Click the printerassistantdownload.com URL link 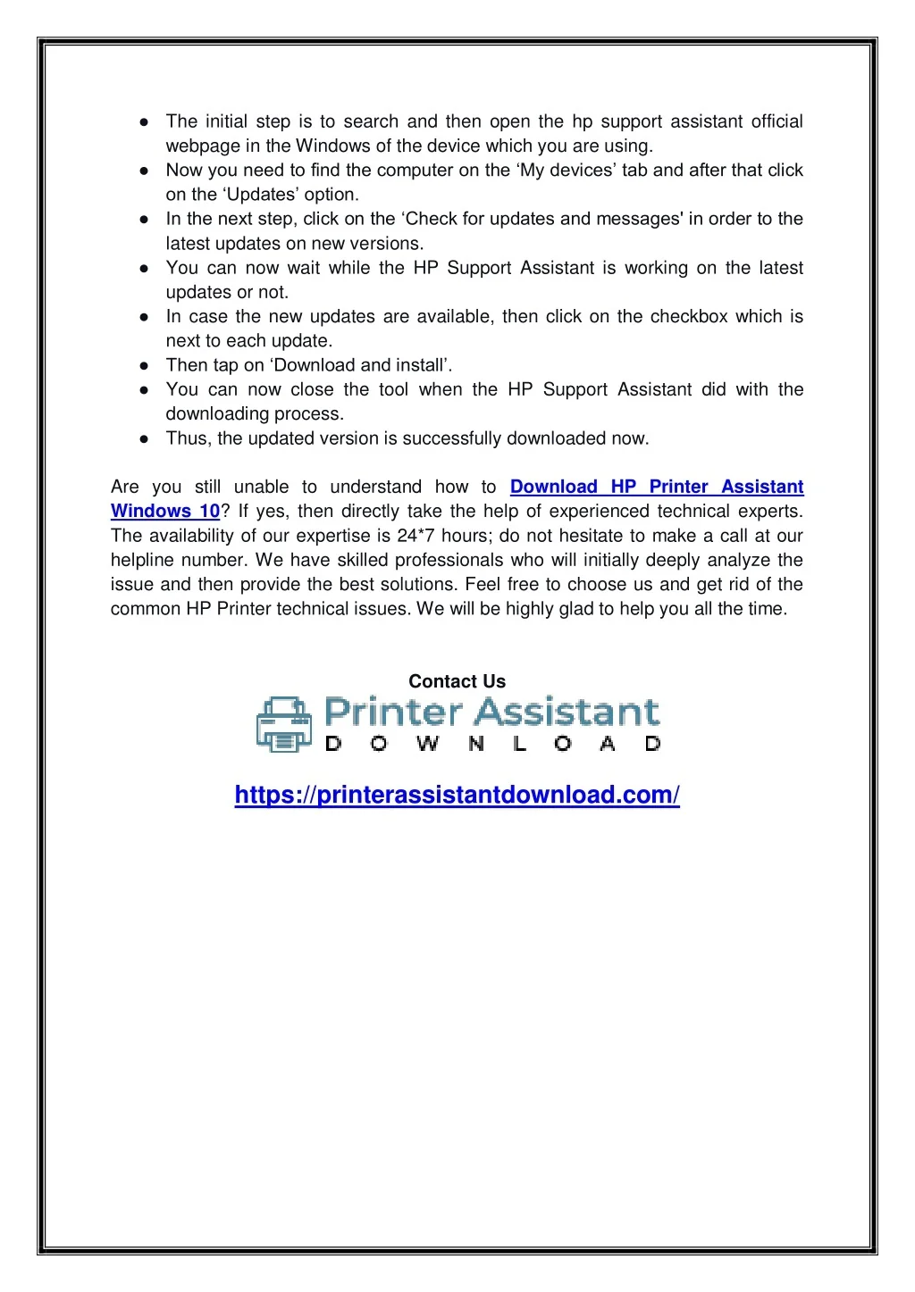pos(457,795)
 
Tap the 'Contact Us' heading pos(457,681)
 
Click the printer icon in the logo pos(284,724)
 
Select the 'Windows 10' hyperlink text pos(165,512)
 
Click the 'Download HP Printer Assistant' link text pos(657,488)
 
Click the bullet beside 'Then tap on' pos(144,365)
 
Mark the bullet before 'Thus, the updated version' pos(144,438)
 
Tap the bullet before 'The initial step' pos(144,122)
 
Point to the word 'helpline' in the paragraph pos(142,561)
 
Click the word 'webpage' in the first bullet pos(202,146)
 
